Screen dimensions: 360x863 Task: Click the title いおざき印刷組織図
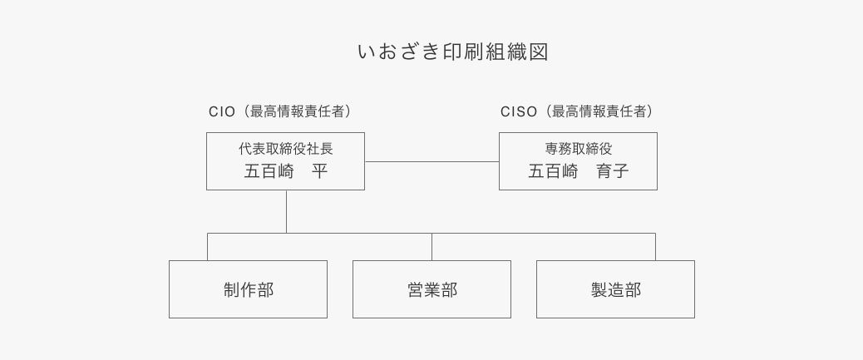(452, 52)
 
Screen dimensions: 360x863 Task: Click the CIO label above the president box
(222, 111)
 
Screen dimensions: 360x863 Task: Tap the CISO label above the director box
(519, 111)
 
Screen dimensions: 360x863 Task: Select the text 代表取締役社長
(285, 149)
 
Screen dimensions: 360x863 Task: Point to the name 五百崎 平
(285, 172)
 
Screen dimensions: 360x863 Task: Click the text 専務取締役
(578, 149)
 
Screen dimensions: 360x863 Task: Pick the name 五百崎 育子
(578, 172)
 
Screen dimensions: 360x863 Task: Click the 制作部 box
(248, 289)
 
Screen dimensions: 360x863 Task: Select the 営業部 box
(431, 289)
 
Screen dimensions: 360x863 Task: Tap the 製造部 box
(615, 289)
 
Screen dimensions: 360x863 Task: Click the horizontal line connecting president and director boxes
(431, 161)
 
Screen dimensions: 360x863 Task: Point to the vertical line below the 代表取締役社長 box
(286, 211)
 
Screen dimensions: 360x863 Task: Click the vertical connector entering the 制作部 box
(207, 247)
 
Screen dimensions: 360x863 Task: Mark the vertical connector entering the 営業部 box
(431, 247)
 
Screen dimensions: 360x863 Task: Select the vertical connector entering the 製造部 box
(655, 247)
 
